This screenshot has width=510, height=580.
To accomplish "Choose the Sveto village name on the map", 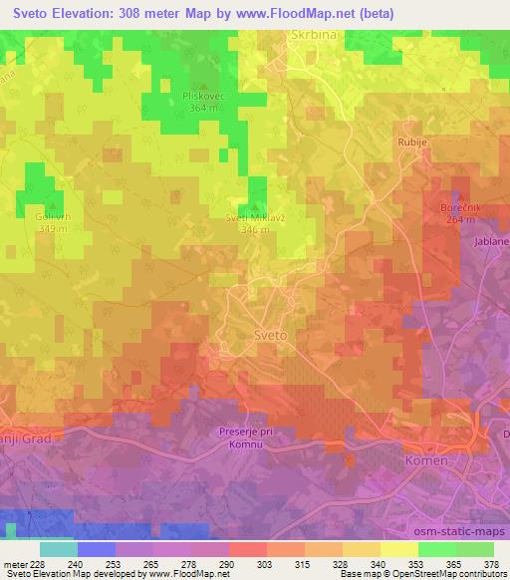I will [270, 336].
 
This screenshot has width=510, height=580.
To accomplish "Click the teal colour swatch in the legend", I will [58, 549].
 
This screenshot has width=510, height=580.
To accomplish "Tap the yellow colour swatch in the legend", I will [398, 549].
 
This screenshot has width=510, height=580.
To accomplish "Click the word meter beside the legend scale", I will [13, 563].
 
